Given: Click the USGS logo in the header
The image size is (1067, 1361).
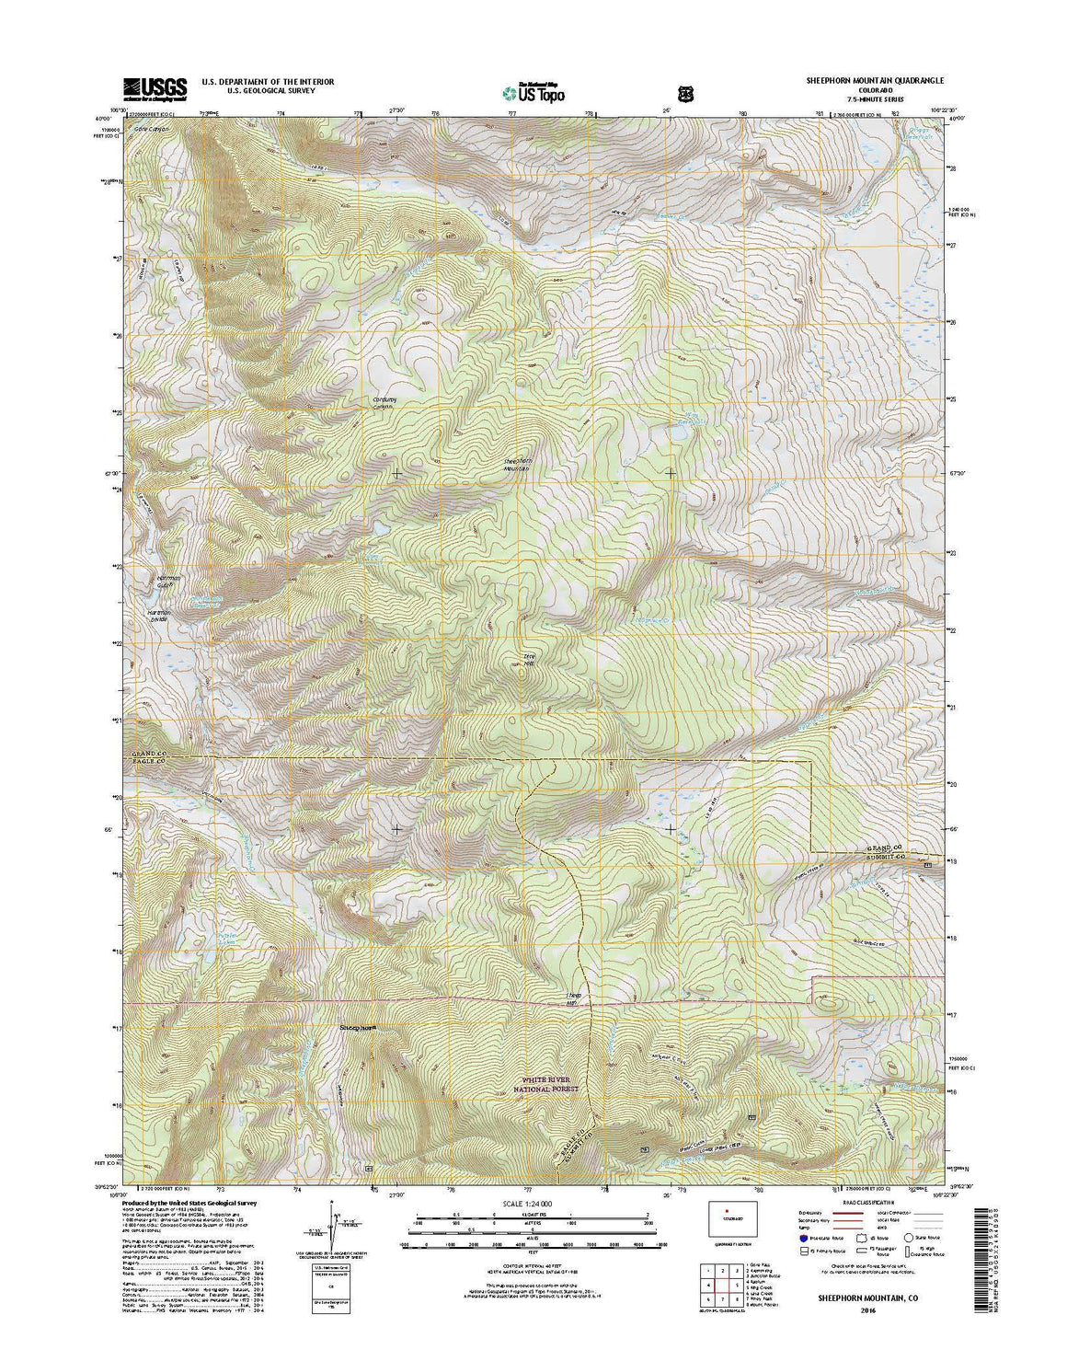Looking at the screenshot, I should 154,87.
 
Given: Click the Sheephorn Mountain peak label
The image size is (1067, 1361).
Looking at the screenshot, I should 519,466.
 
